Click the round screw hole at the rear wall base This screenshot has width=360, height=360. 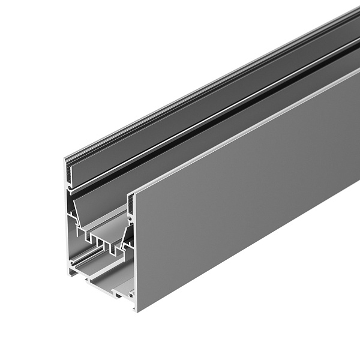73,263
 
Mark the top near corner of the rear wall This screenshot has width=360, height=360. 64,158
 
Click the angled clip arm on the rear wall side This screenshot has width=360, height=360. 74,210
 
